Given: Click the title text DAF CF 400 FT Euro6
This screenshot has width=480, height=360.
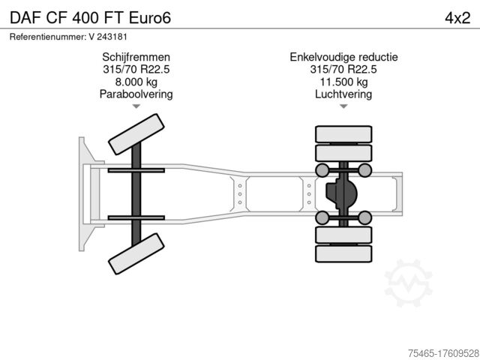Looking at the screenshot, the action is [90, 18].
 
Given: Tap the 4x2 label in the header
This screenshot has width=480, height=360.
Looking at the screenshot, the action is [457, 18].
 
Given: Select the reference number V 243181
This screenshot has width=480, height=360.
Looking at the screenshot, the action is [108, 37].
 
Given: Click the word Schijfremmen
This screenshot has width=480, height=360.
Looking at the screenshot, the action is [136, 57].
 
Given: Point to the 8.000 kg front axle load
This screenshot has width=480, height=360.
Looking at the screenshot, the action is [136, 82].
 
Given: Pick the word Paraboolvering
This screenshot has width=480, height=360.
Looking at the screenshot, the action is [136, 94].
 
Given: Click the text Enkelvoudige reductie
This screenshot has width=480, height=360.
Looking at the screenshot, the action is [343, 57].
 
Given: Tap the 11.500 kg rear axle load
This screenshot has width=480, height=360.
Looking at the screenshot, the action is [343, 82].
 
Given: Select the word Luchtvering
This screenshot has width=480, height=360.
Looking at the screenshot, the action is [343, 94].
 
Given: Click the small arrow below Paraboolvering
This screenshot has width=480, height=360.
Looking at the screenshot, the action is [136, 106].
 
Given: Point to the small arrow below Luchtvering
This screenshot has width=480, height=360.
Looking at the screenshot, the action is [343, 106].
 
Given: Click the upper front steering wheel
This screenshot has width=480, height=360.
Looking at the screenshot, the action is [136, 134].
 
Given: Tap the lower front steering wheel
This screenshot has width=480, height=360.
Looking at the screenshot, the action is [136, 253].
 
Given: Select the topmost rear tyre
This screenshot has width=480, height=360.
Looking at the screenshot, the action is [343, 134].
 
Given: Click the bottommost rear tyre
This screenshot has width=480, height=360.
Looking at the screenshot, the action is [343, 253].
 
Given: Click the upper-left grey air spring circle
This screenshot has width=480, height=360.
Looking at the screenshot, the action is [322, 170].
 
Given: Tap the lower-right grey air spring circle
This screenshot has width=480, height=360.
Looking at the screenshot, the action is [365, 217].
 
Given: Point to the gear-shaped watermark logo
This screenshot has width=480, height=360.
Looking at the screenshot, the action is [408, 283].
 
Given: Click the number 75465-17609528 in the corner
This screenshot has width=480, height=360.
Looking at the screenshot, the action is [443, 353].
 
